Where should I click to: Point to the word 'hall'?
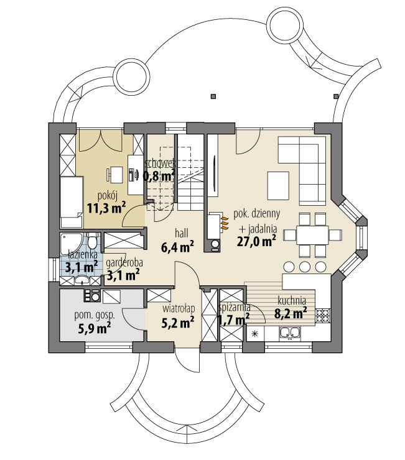pos(181,233)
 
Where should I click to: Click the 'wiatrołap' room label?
pos(176,308)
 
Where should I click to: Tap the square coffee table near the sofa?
pos(279,182)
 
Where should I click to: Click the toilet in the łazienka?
pos(93,241)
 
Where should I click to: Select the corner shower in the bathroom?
pos(68,243)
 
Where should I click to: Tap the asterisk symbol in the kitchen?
pos(254,335)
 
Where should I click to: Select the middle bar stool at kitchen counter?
pos(304,266)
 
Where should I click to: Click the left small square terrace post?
pos(213,96)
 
